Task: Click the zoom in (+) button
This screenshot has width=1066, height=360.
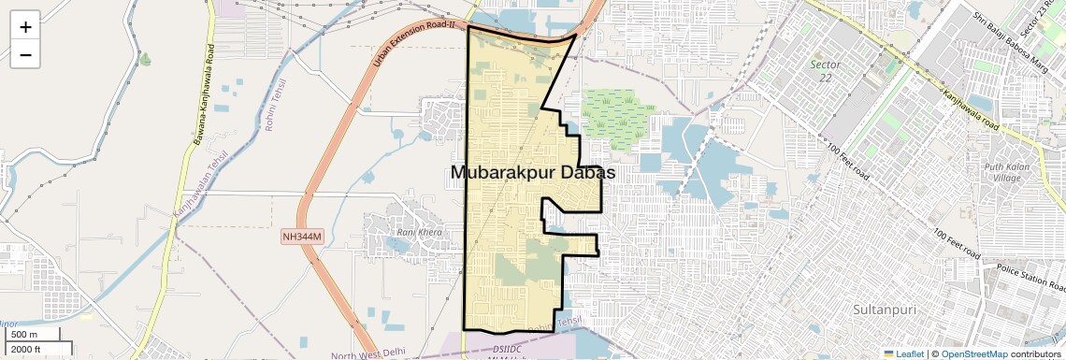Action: pyautogui.click(x=25, y=27)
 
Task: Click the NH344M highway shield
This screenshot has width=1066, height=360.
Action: pyautogui.click(x=302, y=238)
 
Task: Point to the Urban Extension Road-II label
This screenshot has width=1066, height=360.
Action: pyautogui.click(x=413, y=43)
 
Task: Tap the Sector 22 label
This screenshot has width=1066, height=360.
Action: pyautogui.click(x=826, y=71)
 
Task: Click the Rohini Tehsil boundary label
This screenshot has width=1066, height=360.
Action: pyautogui.click(x=277, y=105)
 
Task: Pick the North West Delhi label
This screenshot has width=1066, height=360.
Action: pyautogui.click(x=370, y=353)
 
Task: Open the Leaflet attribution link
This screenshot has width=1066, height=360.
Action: pyautogui.click(x=904, y=353)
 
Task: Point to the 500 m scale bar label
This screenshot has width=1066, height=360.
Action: pyautogui.click(x=25, y=335)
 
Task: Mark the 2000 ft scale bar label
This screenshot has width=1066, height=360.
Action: pyautogui.click(x=27, y=350)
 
